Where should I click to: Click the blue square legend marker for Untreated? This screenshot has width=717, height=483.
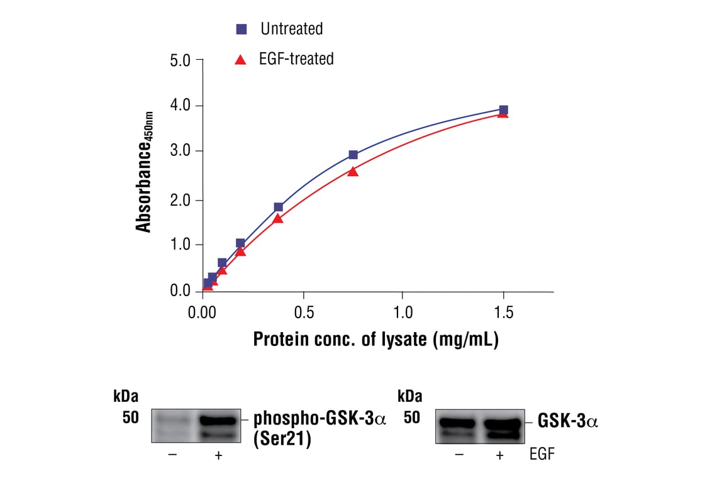[242, 29]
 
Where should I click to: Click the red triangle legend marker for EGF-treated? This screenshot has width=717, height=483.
[240, 60]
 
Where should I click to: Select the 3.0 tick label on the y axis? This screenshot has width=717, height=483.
[182, 151]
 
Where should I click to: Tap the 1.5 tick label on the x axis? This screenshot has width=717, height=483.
[503, 312]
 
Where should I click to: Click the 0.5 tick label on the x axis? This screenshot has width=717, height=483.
[304, 312]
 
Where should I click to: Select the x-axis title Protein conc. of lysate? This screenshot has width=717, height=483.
[375, 340]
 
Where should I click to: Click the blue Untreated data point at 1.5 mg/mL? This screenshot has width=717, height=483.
[503, 110]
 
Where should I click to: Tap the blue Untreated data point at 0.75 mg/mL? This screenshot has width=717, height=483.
[353, 155]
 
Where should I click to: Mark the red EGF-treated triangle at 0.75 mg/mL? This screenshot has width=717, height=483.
[353, 171]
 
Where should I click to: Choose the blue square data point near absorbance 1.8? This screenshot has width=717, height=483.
[278, 207]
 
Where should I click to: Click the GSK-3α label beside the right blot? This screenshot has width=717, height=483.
[567, 421]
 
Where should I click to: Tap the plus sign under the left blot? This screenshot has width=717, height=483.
[218, 455]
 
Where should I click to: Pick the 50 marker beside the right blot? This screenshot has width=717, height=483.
[412, 418]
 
